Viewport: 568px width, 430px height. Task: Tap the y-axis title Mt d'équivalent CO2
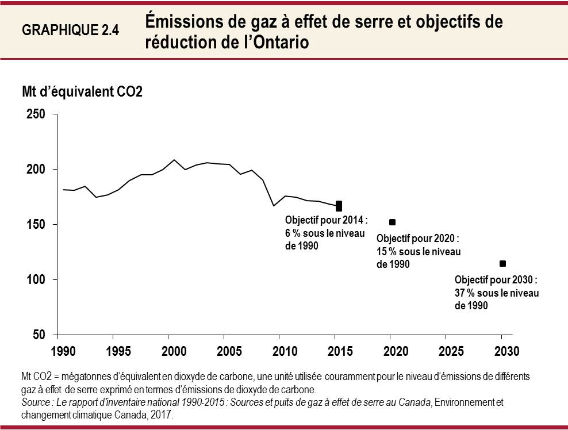click(x=82, y=92)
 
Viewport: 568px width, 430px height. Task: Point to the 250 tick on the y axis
click(x=36, y=114)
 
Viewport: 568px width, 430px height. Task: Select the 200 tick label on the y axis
click(x=36, y=170)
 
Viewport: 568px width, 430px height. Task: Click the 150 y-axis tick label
click(x=36, y=225)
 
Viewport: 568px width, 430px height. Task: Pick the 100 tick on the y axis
click(x=36, y=280)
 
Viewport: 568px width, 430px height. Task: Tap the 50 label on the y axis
click(x=39, y=335)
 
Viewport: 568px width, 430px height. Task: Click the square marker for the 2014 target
click(x=339, y=206)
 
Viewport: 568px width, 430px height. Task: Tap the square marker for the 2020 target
click(x=392, y=222)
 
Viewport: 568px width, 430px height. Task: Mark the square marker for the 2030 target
click(x=502, y=263)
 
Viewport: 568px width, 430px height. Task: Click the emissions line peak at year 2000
click(x=174, y=160)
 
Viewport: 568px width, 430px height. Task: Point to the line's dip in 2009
click(x=274, y=205)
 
